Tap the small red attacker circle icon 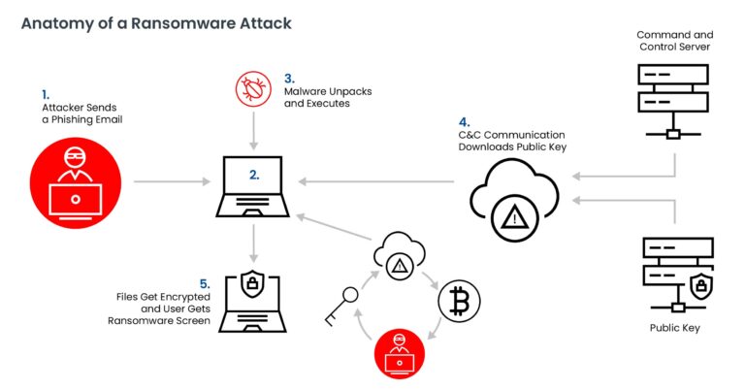[398, 353]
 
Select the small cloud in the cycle [398, 256]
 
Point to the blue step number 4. [463, 121]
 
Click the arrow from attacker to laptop [171, 181]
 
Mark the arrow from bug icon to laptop [254, 128]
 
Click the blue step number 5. [204, 283]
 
